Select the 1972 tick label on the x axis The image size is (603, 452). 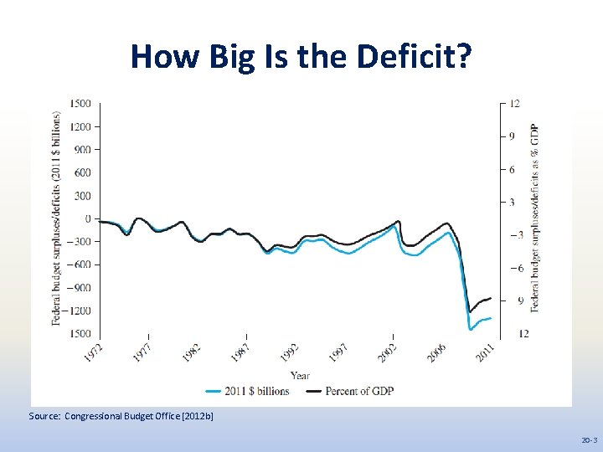(94, 352)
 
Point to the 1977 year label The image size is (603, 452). (142, 352)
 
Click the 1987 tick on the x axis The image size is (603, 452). (240, 352)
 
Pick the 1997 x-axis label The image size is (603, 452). (338, 352)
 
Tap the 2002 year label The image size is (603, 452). (388, 352)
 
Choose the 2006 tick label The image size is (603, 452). (436, 352)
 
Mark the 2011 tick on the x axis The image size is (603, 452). (486, 352)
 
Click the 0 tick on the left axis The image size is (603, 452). (87, 218)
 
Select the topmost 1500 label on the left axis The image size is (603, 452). (81, 104)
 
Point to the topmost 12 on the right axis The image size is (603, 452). (514, 104)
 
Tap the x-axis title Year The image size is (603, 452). (300, 376)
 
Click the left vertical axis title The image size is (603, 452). (56, 218)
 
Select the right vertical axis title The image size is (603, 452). (534, 218)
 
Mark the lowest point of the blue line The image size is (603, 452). (471, 330)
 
